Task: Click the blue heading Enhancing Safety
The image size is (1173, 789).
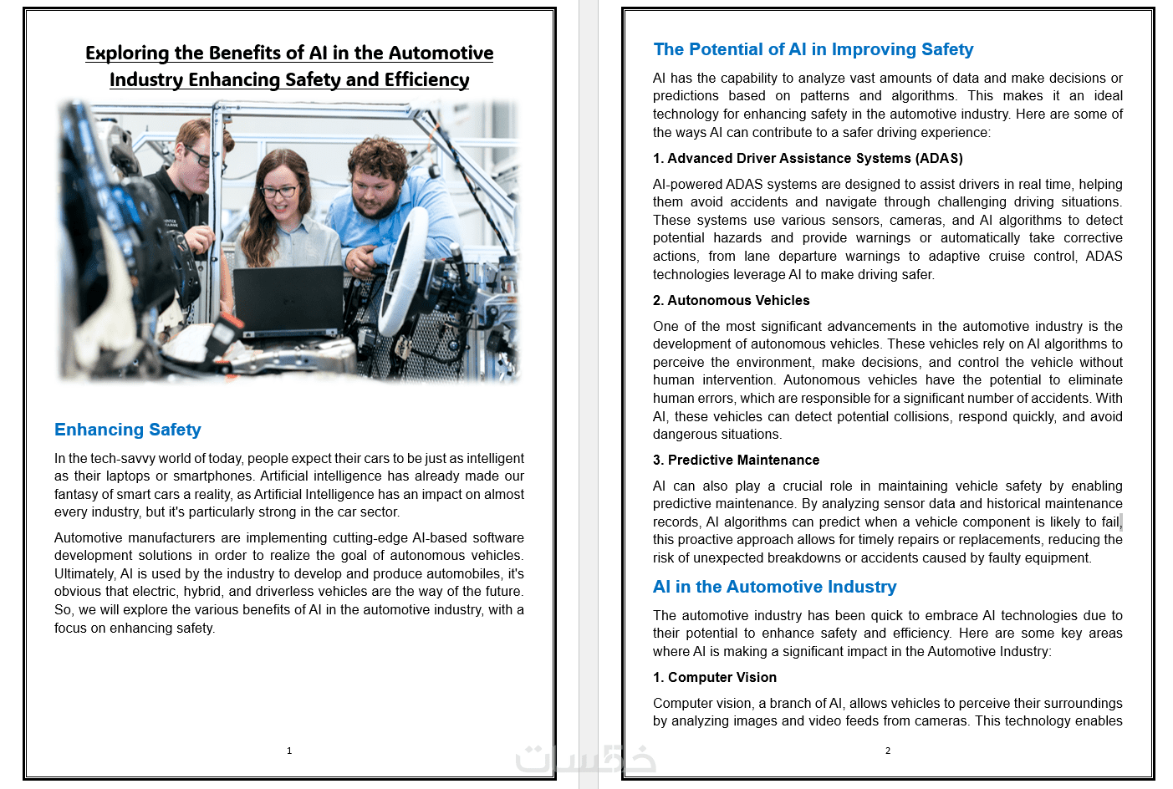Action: pyautogui.click(x=128, y=430)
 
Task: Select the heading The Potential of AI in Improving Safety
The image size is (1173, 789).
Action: pyautogui.click(x=813, y=49)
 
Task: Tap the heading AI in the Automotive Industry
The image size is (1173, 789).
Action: pyautogui.click(x=774, y=587)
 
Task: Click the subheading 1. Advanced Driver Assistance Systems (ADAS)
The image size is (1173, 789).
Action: pyautogui.click(x=808, y=158)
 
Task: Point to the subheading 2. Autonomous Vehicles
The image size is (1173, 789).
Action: pyautogui.click(x=731, y=300)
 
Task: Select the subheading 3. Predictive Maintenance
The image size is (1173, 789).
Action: pyautogui.click(x=736, y=460)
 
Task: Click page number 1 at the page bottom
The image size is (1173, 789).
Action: pyautogui.click(x=289, y=751)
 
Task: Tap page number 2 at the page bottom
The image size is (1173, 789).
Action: pyautogui.click(x=888, y=751)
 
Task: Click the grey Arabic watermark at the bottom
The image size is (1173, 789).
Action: pyautogui.click(x=585, y=758)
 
